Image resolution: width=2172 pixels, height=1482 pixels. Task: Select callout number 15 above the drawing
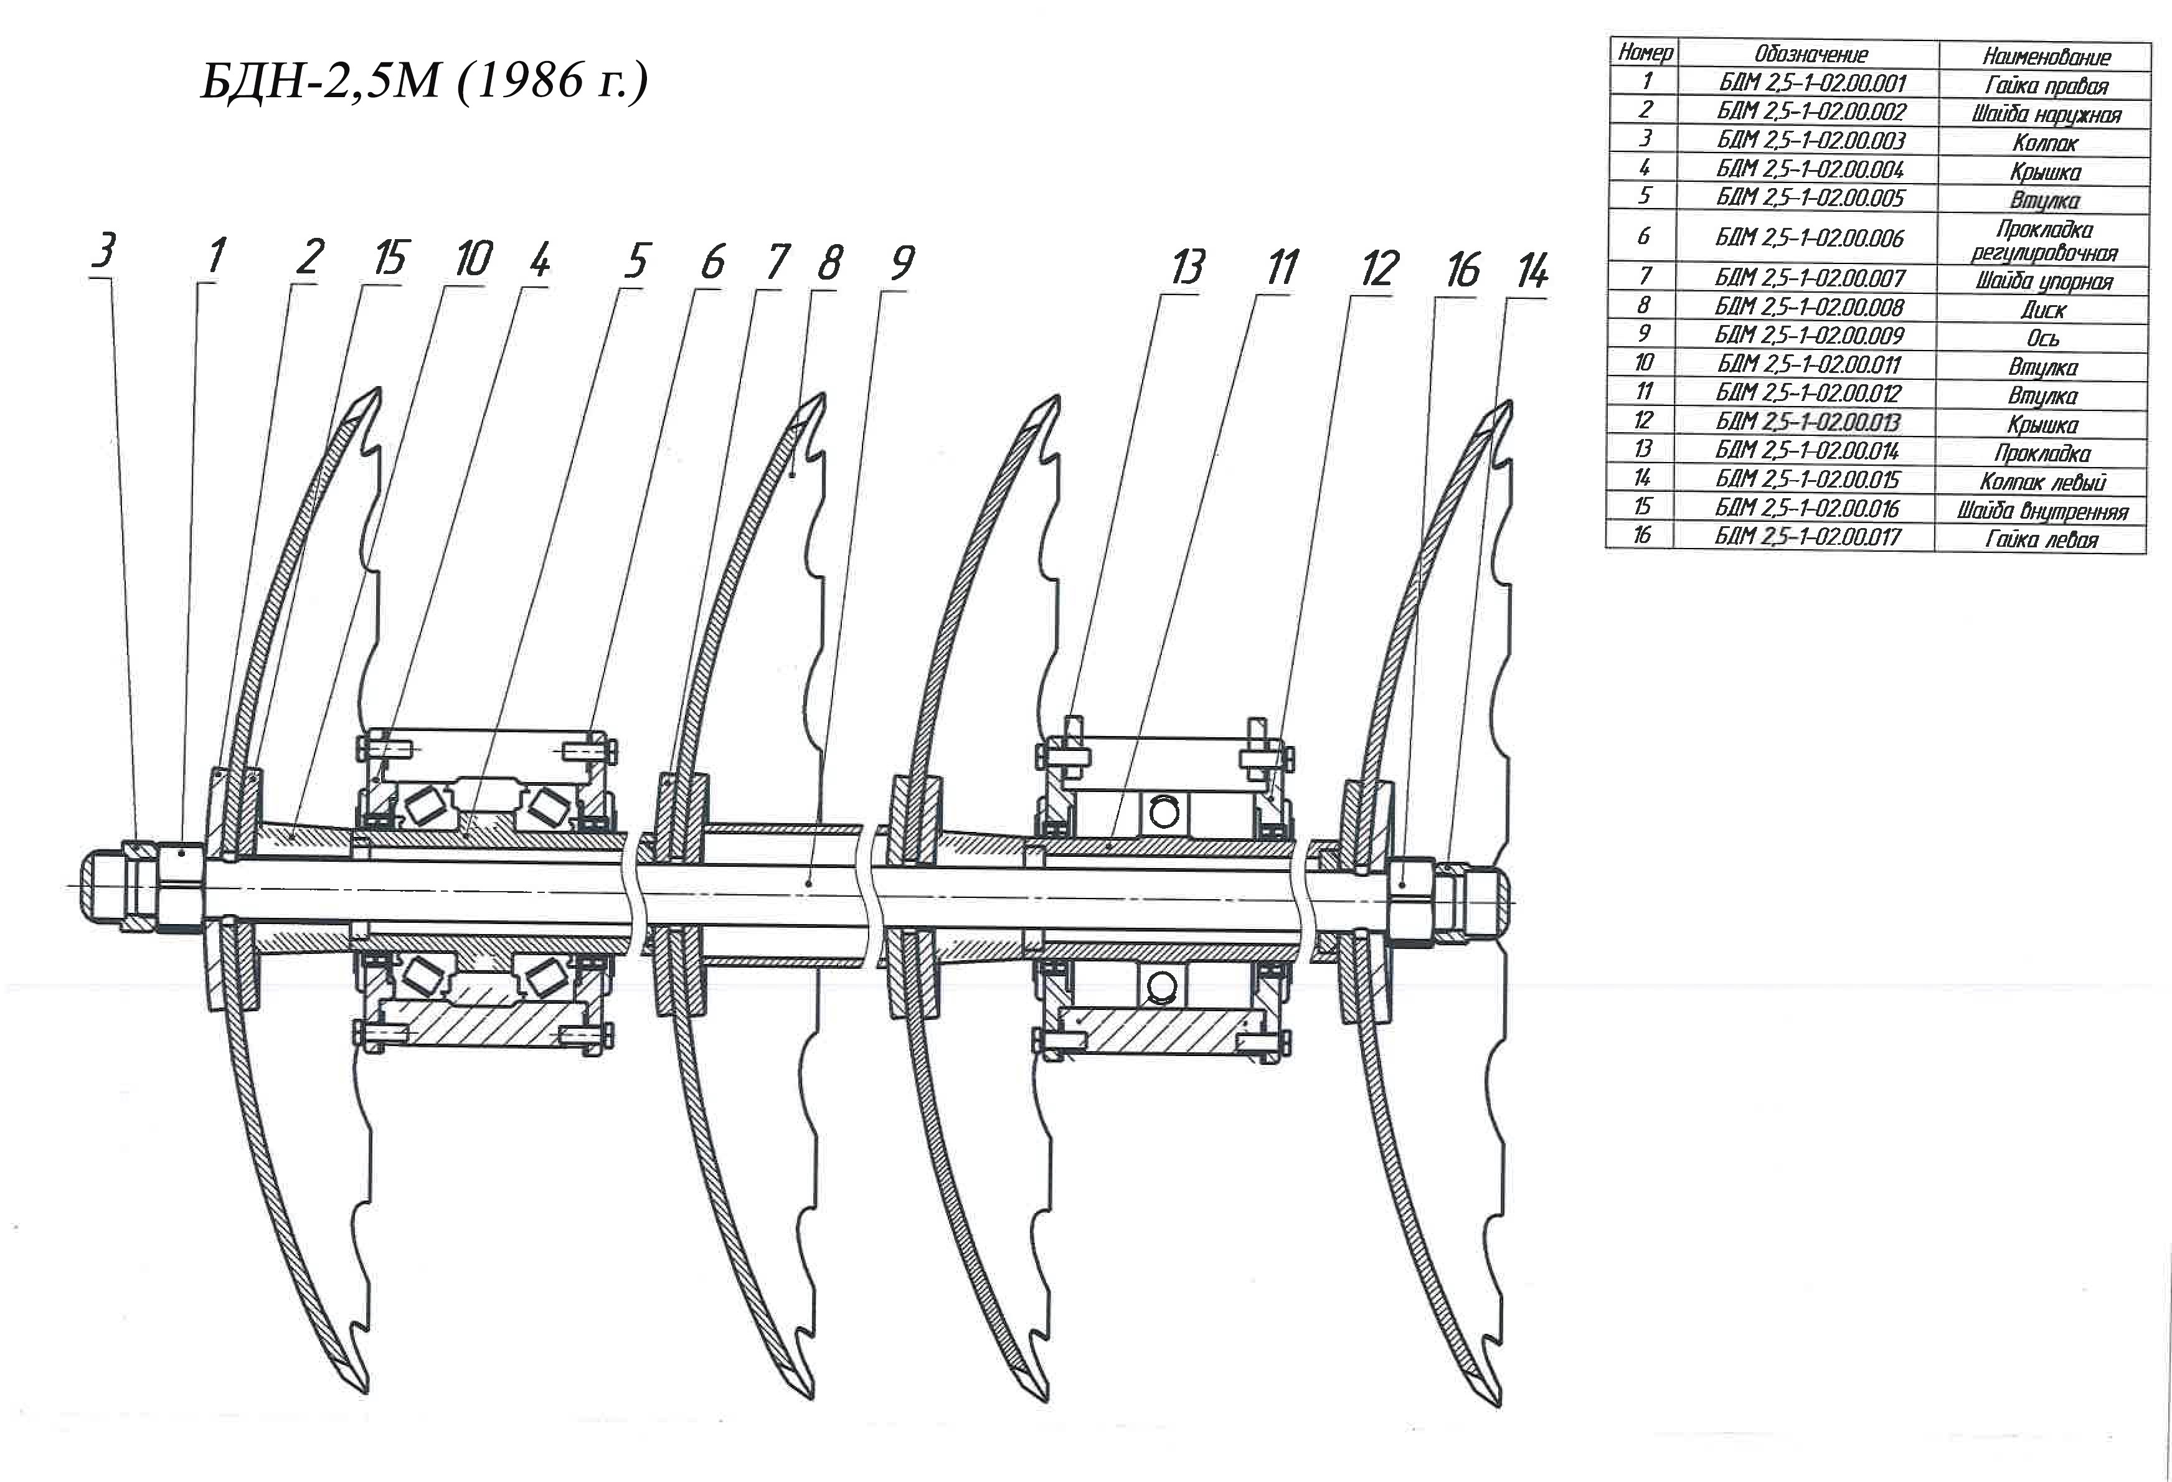[x=390, y=257]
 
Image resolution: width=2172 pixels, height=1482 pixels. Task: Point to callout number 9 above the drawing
[x=902, y=263]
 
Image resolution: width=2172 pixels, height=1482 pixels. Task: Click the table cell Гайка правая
[x=2046, y=86]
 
